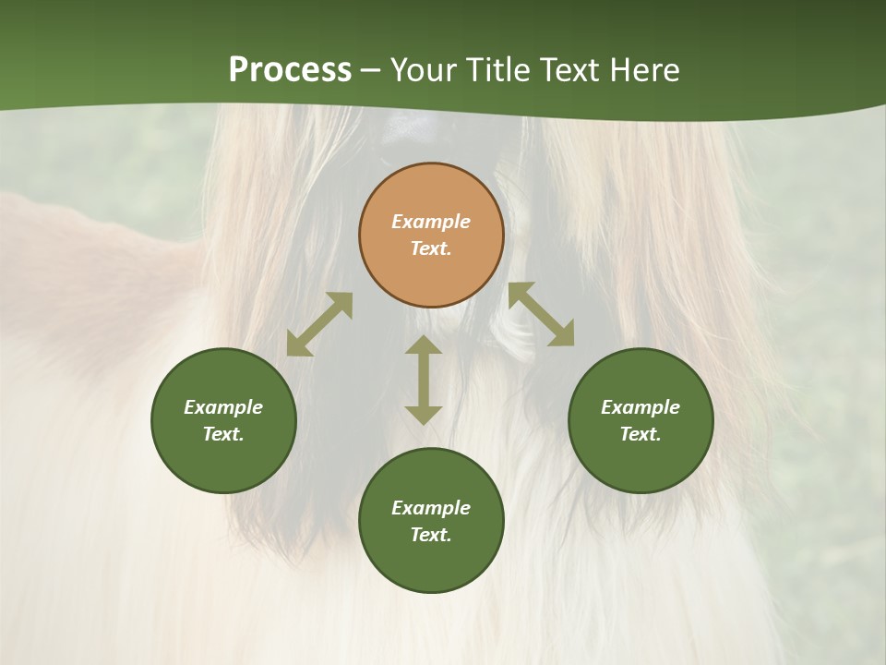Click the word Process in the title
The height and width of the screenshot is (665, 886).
(x=290, y=70)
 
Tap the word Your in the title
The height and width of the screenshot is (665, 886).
(x=423, y=70)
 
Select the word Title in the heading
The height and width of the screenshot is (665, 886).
(x=497, y=70)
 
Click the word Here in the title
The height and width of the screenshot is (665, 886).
(x=645, y=70)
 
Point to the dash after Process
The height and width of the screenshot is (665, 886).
(x=370, y=71)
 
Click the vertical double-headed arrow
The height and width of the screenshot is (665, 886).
(x=424, y=380)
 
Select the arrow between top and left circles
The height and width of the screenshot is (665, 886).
(x=319, y=324)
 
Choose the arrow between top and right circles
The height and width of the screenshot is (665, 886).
(x=541, y=314)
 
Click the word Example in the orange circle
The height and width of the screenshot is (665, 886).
(x=431, y=222)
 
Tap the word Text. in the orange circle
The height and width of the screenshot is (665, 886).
(x=431, y=248)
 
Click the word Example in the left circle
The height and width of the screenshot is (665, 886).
(x=223, y=407)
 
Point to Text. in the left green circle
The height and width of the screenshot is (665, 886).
(x=223, y=434)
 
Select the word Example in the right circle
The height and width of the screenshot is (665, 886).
(x=641, y=407)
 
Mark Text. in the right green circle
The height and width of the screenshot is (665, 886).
(x=641, y=434)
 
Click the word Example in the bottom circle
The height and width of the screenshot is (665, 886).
(x=431, y=508)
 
